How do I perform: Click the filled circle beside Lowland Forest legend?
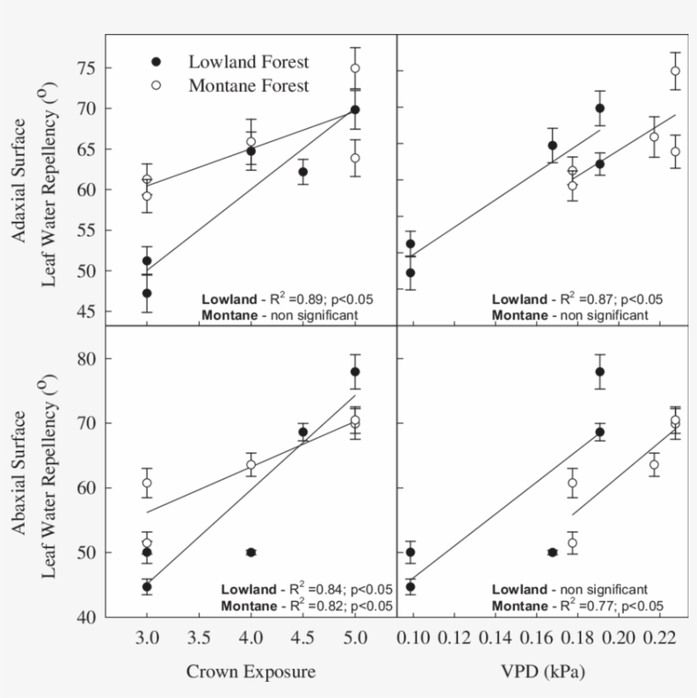[156, 62]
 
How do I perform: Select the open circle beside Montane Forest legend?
[156, 85]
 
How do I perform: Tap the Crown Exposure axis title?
[251, 672]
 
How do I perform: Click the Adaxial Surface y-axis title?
[19, 180]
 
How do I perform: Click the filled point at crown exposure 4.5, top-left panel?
[303, 172]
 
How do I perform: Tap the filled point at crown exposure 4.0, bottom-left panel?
[251, 553]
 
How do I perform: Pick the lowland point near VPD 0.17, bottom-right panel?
[552, 553]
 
